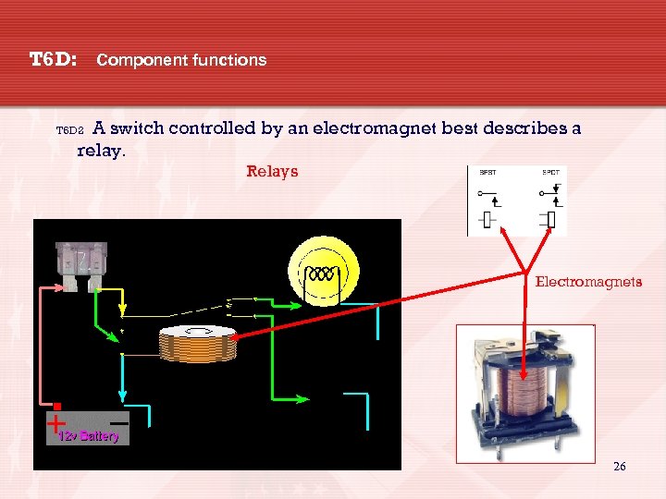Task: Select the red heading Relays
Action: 272,171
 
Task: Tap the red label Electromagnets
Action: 588,282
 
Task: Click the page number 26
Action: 619,467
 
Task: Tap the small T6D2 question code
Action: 69,131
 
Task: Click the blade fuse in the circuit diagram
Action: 83,263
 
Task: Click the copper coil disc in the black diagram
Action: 198,344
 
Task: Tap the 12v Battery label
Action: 88,435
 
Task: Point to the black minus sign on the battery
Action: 118,420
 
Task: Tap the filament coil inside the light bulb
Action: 321,274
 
